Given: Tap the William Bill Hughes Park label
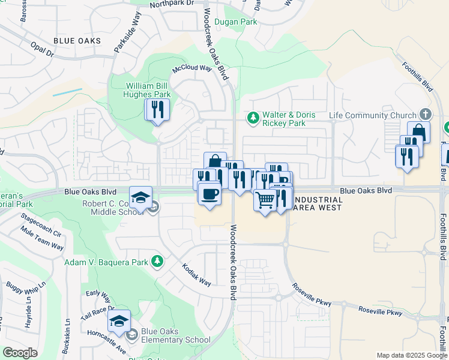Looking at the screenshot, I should tap(147, 90).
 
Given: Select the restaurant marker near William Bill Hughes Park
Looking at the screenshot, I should tap(158, 110).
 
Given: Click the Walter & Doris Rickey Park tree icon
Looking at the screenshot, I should tap(253, 116).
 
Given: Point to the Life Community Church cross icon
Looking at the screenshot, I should tap(426, 115).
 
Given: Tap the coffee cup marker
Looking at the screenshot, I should tap(209, 194).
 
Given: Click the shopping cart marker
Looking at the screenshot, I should tap(265, 200).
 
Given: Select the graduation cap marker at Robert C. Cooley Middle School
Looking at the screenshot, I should tap(140, 197).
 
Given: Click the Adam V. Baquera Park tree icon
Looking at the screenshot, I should tap(157, 261).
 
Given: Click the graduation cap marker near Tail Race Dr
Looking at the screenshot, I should tap(119, 320).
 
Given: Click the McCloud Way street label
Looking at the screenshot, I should tap(193, 68).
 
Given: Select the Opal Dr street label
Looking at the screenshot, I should tap(41, 50).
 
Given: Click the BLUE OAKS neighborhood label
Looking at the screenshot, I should tap(76, 40).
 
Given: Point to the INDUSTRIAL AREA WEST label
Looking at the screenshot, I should tap(319, 203).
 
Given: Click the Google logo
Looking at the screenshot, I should tap(20, 353).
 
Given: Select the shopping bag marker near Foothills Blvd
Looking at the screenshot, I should tap(418, 132).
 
